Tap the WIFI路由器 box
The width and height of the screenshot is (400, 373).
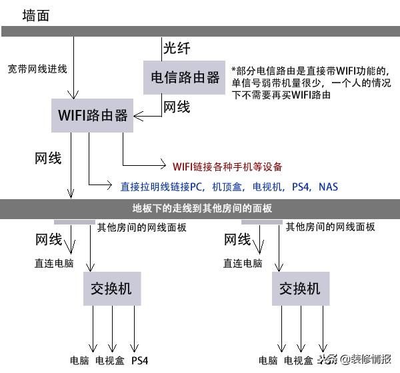[93, 115]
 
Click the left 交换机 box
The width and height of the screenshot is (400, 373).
[111, 288]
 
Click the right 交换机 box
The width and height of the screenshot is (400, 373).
[300, 288]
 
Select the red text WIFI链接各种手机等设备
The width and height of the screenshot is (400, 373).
[227, 167]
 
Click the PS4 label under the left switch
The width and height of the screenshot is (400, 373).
[139, 360]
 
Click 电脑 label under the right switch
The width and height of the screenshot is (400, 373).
[268, 360]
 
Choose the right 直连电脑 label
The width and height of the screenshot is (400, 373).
[243, 263]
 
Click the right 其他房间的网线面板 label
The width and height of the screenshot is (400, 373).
[330, 227]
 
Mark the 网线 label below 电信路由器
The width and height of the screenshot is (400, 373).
[177, 107]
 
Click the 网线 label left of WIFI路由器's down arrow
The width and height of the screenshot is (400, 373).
[48, 159]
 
